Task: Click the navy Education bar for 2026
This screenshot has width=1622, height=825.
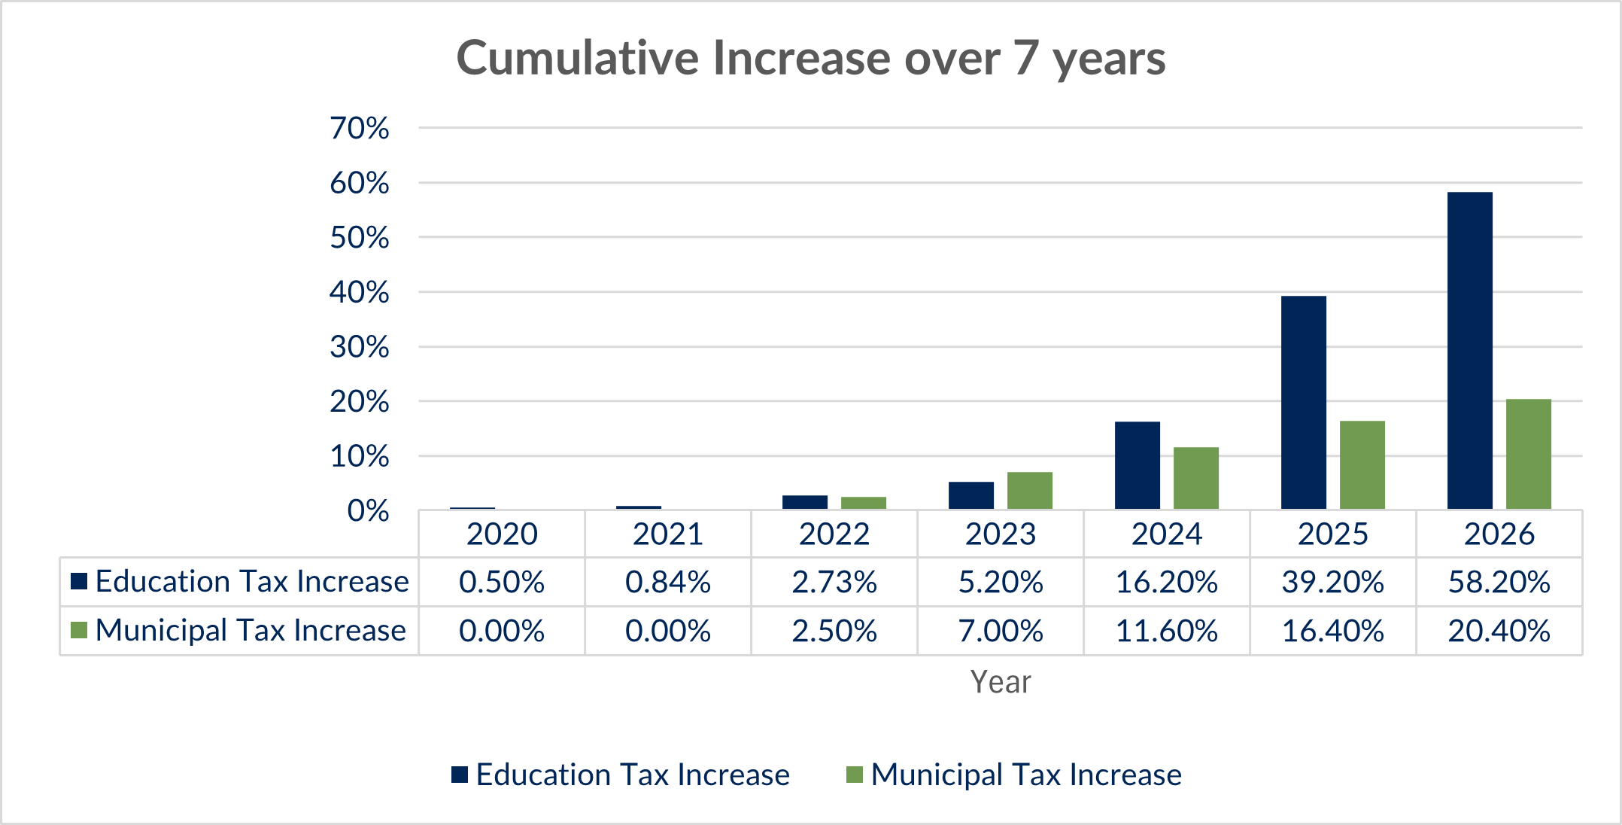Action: coord(1469,351)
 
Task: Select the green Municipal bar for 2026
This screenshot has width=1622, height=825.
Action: coord(1528,454)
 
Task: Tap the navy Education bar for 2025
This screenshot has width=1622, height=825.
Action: coord(1303,403)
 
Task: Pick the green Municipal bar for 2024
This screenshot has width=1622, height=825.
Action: coord(1195,478)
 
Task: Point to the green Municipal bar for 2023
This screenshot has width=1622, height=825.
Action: coord(1029,491)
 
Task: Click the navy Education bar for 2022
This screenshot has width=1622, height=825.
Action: coord(804,502)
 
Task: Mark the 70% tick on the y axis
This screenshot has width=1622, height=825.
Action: coord(360,129)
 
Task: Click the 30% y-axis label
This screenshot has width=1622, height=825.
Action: coord(360,348)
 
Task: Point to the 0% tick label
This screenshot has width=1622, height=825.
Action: coord(368,512)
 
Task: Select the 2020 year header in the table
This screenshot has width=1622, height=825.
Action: coord(502,534)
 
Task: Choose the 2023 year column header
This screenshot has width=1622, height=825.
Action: coord(1001,534)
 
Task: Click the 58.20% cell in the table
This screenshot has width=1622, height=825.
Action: coord(1499,583)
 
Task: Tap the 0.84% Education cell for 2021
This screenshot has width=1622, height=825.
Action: coord(668,583)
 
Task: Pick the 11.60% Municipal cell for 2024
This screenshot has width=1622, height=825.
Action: coord(1166,631)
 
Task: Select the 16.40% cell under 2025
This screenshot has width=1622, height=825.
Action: coord(1332,631)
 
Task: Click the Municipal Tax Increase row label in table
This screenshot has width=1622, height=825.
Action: coord(251,631)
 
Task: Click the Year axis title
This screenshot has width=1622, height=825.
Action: coord(1000,682)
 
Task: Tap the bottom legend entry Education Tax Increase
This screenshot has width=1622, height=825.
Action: coord(632,775)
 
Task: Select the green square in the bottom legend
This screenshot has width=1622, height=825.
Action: coord(854,775)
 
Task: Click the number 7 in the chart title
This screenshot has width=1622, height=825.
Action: coord(1026,58)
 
